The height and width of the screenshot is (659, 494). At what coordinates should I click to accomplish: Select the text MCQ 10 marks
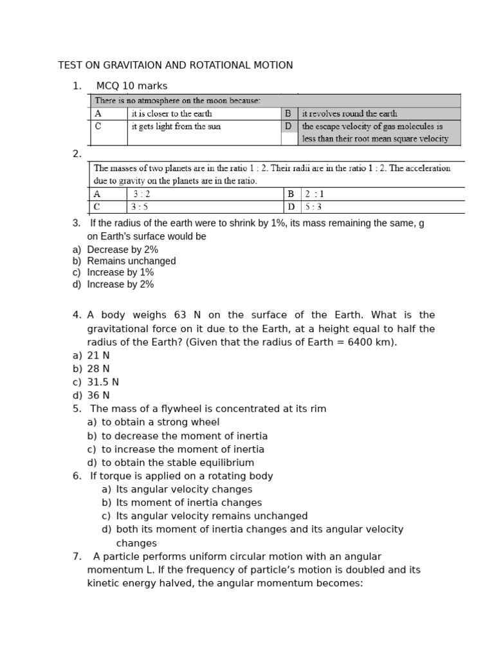[x=131, y=86]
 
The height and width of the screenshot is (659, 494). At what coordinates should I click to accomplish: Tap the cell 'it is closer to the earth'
[x=171, y=113]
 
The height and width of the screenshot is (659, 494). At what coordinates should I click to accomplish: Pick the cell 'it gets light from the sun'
[x=176, y=126]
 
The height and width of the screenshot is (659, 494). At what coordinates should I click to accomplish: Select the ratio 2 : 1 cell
[x=316, y=194]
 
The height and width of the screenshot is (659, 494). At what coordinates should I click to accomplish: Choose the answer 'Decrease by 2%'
[x=122, y=250]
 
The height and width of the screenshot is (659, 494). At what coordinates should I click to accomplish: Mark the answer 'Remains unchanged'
[x=131, y=261]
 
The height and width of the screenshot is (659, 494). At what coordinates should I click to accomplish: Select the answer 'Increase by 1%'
[x=120, y=272]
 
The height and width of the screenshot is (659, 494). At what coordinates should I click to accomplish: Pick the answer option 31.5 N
[x=103, y=382]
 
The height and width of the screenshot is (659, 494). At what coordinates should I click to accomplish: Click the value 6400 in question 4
[x=362, y=342]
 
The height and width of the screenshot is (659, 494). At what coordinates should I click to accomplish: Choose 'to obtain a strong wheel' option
[x=160, y=422]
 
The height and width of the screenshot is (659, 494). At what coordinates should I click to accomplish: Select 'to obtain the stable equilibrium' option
[x=178, y=463]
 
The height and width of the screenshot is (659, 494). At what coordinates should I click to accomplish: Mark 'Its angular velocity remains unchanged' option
[x=212, y=516]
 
